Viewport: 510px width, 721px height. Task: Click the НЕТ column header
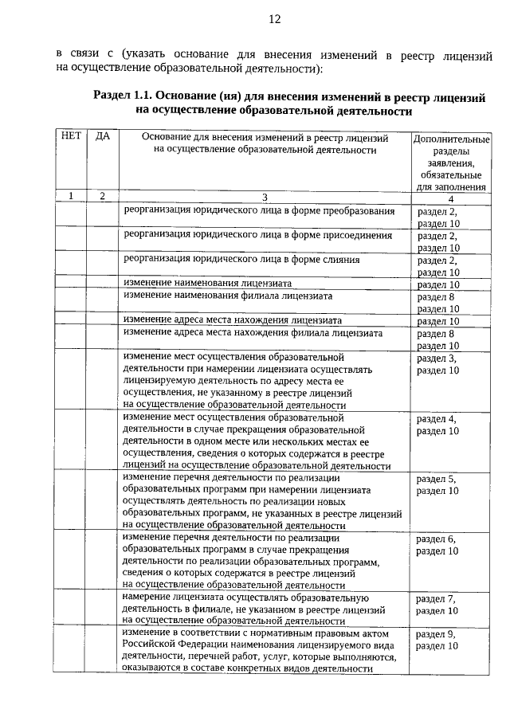point(70,136)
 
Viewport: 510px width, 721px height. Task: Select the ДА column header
point(102,136)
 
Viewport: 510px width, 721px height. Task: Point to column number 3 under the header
point(265,196)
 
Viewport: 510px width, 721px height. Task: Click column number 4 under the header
point(450,198)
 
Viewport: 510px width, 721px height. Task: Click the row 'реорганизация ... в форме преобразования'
point(259,211)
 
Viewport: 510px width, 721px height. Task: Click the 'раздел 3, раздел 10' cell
point(437,364)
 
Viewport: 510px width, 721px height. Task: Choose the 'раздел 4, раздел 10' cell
point(437,425)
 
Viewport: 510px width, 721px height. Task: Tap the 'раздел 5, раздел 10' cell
point(437,484)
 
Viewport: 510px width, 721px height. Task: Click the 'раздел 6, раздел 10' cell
point(437,545)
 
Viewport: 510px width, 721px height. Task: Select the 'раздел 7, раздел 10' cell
point(437,605)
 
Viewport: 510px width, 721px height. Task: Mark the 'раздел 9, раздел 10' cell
point(437,640)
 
